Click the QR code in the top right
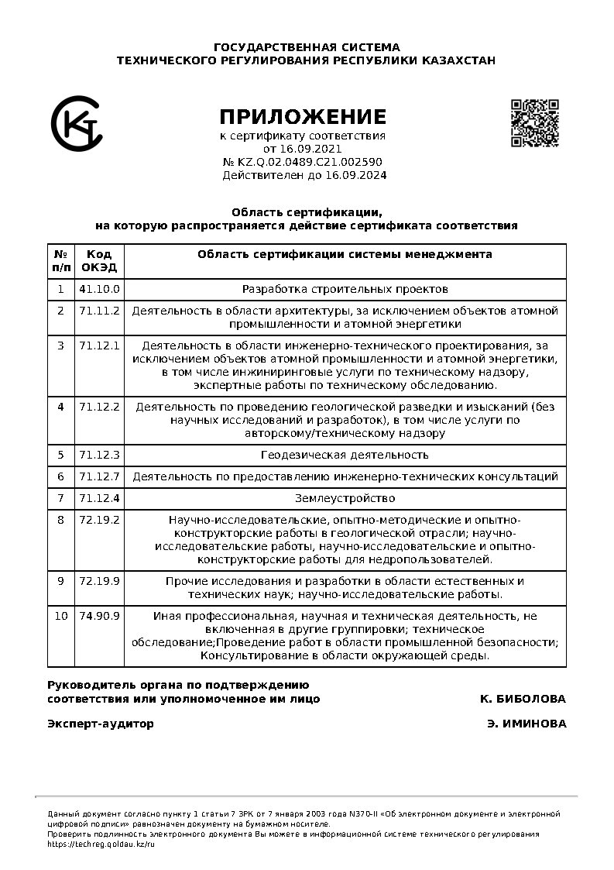point(534,122)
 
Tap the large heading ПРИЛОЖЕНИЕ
point(302,117)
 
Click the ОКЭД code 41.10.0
point(100,289)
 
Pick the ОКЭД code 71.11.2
point(100,311)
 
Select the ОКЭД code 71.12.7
point(100,476)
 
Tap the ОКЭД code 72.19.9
point(100,580)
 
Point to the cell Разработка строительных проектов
point(345,289)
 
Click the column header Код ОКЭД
point(100,260)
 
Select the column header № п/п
point(60,260)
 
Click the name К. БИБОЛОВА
point(523,699)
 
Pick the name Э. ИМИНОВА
point(527,724)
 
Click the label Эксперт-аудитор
point(101,724)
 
